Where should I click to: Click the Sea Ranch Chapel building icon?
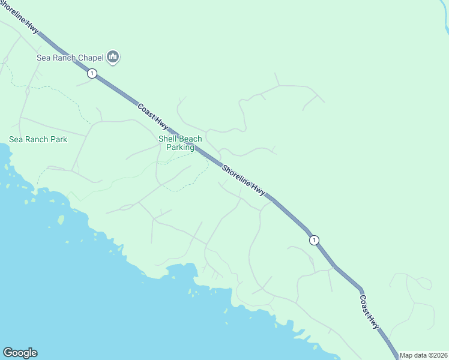coord(113,58)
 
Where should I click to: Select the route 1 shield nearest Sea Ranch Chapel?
coord(91,73)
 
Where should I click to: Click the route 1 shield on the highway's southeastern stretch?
coord(313,240)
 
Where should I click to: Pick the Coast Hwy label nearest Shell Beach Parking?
coord(152,116)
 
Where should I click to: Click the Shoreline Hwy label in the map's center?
coord(243,179)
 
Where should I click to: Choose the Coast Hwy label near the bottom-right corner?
coord(370,311)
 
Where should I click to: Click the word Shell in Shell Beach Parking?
coord(169,139)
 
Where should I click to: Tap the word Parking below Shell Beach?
coord(180,147)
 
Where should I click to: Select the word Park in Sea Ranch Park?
coord(58,139)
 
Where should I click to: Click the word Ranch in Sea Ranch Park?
coord(35,139)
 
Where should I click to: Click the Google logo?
coord(20,353)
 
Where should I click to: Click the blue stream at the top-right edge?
coord(445,24)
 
